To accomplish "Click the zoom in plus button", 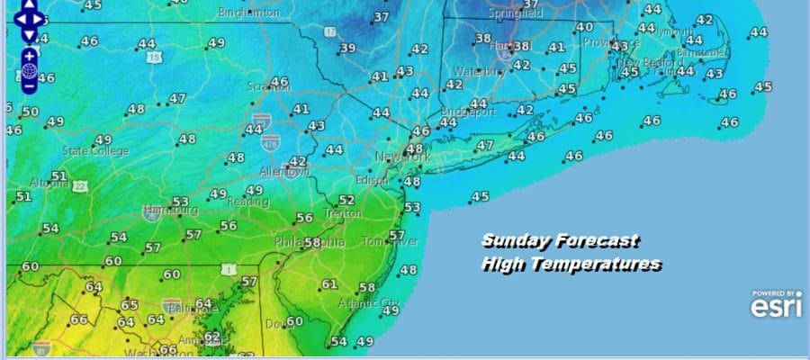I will pos(29,55).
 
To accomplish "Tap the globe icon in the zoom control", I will pos(29,70).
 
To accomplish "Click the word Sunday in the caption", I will pos(516,241).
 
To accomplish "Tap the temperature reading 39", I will pos(348,49).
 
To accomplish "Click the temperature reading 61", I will pos(329,285).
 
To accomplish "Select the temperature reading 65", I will pos(130,305).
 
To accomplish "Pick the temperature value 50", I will pos(31,112).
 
